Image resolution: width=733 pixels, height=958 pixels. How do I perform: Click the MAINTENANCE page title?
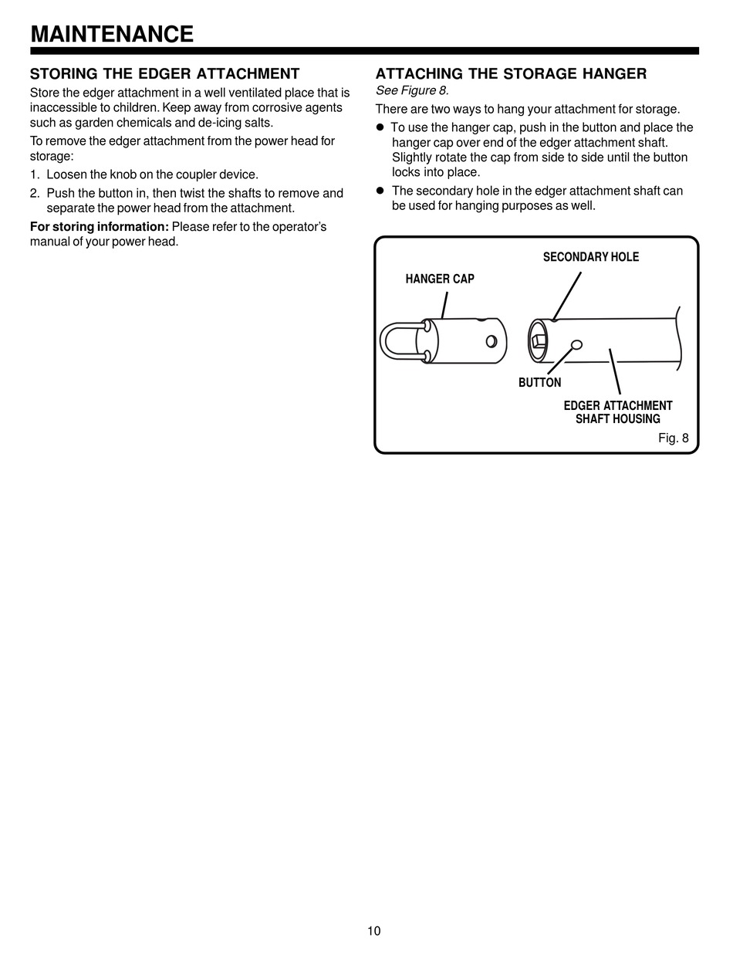pos(112,34)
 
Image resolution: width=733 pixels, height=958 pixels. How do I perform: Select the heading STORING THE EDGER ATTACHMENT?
pos(164,74)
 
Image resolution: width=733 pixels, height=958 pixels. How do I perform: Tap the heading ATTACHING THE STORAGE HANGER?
pos(511,74)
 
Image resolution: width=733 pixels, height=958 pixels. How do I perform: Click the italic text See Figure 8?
pos(412,91)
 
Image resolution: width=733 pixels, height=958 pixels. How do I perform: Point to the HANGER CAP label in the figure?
pos(440,279)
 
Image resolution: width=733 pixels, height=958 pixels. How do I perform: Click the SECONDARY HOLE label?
pos(591,257)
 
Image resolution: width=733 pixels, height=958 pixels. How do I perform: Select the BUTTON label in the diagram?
pos(539,383)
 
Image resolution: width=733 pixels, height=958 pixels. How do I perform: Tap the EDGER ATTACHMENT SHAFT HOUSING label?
pos(618,412)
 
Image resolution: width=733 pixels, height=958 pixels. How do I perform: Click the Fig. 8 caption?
pos(673,438)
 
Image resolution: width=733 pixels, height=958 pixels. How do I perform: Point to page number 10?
pos(374,930)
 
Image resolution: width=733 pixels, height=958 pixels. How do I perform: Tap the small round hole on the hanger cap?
pos(491,340)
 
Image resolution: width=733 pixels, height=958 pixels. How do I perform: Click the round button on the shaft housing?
pos(576,345)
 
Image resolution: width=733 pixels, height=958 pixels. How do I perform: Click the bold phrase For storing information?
pos(99,226)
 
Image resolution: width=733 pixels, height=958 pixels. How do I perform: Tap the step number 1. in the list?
pos(35,175)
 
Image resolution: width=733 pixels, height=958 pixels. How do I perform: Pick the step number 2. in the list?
pos(35,193)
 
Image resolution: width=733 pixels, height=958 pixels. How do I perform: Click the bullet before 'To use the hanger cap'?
pos(380,127)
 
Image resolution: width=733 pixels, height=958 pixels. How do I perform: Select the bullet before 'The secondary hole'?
pos(380,191)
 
